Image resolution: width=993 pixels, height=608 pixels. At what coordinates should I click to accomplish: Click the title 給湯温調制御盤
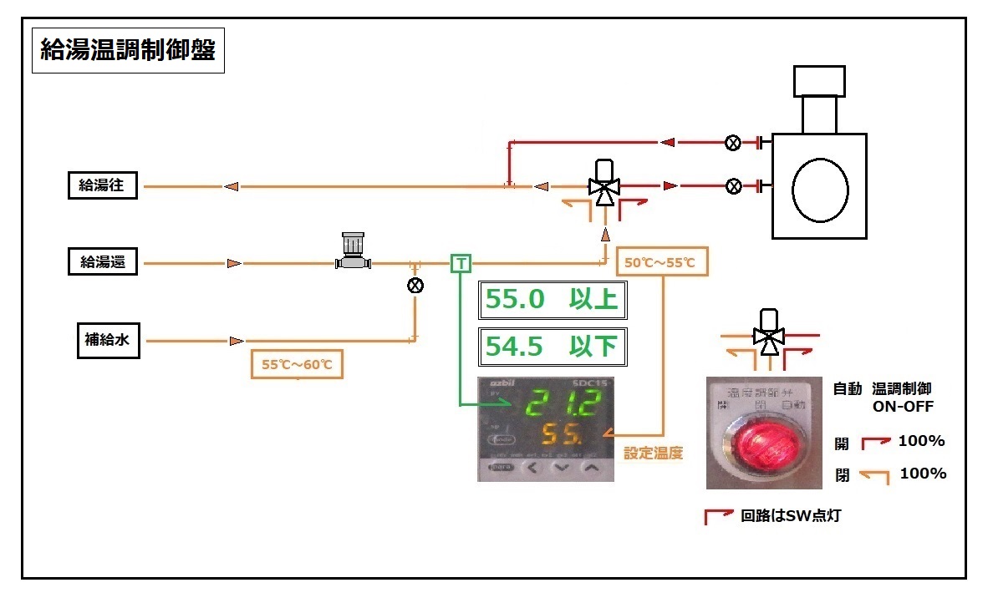click(128, 52)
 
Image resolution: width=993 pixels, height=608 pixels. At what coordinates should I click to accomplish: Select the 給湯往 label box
click(102, 186)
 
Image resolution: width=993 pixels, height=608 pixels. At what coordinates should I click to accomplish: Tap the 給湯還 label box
click(102, 263)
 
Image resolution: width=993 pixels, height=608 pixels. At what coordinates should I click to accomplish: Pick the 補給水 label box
click(108, 341)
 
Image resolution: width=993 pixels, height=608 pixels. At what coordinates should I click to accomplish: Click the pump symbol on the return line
click(352, 252)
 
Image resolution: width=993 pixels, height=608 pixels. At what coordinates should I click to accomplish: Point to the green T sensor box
click(461, 264)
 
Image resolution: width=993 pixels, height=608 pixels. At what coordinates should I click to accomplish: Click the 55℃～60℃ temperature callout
click(297, 365)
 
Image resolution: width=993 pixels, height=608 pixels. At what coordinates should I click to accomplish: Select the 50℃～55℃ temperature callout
click(660, 263)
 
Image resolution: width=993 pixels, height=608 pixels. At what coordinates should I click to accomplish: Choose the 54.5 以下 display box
click(552, 347)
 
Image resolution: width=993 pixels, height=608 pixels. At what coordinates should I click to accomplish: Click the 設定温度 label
click(654, 454)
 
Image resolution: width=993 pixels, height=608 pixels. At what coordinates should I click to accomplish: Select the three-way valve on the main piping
click(603, 186)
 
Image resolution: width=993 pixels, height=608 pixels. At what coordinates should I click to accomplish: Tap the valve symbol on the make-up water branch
click(415, 286)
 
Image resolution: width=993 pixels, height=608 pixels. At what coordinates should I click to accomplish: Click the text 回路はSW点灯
click(791, 516)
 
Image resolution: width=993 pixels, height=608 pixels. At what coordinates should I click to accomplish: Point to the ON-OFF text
click(903, 407)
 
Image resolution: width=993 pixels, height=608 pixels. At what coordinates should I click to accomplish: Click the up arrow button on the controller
click(592, 469)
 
